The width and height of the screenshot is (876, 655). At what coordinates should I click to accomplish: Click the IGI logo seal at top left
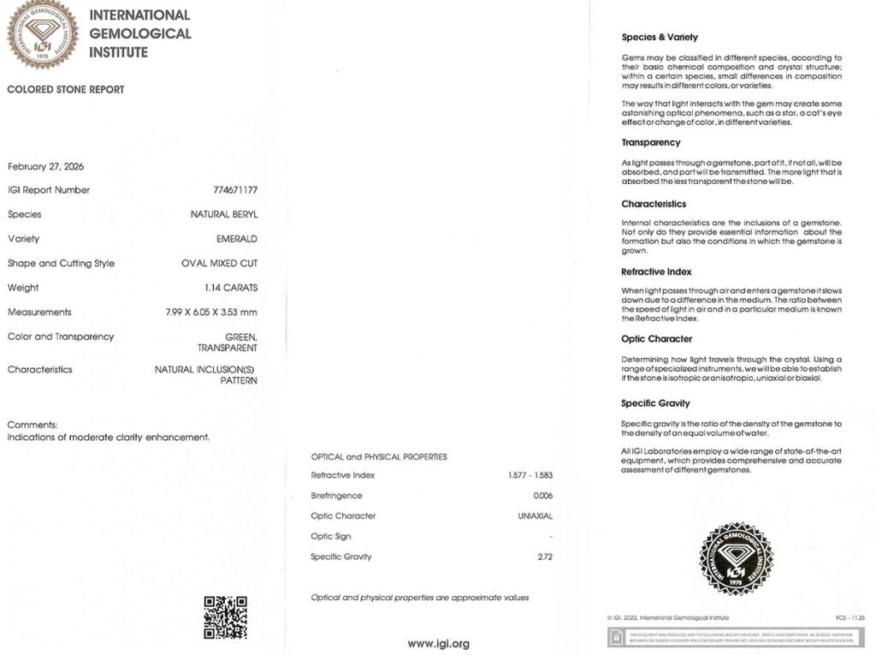(43, 34)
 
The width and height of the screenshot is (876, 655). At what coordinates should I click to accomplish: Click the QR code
(226, 617)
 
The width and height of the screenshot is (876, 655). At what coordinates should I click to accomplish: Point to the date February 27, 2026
(46, 166)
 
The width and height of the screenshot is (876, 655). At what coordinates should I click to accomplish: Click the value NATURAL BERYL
(224, 215)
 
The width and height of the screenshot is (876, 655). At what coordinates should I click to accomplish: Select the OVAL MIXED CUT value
(220, 264)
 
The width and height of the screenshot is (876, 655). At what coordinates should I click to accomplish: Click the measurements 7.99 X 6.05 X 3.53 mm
(211, 313)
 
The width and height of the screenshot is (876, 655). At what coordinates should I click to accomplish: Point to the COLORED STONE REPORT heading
(66, 89)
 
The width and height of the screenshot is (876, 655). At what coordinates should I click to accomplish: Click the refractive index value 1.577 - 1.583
(531, 475)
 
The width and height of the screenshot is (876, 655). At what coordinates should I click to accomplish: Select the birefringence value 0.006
(543, 496)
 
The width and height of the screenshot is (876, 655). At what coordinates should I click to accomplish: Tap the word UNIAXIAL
(536, 516)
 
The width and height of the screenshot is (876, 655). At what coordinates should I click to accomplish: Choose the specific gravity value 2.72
(546, 557)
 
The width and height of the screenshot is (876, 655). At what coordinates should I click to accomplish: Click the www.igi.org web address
(438, 644)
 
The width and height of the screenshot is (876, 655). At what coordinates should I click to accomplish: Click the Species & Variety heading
(660, 38)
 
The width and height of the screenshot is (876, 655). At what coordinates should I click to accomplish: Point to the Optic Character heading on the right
(657, 339)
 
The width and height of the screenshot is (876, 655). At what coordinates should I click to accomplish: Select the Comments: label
(33, 425)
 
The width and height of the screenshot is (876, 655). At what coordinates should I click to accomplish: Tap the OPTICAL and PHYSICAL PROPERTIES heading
(379, 457)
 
